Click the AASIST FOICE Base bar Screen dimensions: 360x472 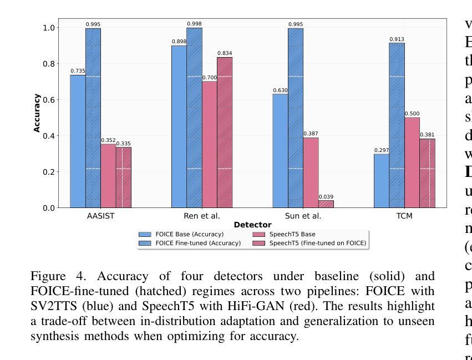pyautogui.click(x=78, y=141)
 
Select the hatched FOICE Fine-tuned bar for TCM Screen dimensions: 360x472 pyautogui.click(x=397, y=125)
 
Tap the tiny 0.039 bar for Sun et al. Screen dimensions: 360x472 pyautogui.click(x=326, y=204)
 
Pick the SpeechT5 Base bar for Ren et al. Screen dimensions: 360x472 pyautogui.click(x=210, y=145)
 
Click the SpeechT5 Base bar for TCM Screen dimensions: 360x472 pyautogui.click(x=412, y=163)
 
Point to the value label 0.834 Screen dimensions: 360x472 pyautogui.click(x=225, y=53)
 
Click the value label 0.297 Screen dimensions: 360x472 pyautogui.click(x=381, y=150)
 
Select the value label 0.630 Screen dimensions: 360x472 pyautogui.click(x=280, y=90)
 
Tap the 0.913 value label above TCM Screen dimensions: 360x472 pyautogui.click(x=397, y=39)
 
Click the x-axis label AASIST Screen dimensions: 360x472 pyautogui.click(x=100, y=216)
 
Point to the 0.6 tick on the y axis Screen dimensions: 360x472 pyautogui.click(x=49, y=100)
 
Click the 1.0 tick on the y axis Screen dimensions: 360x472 pyautogui.click(x=49, y=28)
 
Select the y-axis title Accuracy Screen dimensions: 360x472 pyautogui.click(x=37, y=113)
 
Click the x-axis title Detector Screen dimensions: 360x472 pyautogui.click(x=252, y=225)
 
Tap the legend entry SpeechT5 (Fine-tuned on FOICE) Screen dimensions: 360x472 pyautogui.click(x=318, y=243)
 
